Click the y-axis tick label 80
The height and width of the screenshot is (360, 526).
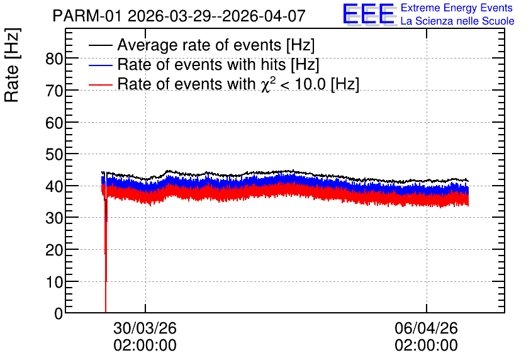54,59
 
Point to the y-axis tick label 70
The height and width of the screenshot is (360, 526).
54,91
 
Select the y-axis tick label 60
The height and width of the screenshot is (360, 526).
54,123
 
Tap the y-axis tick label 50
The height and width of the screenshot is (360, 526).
54,155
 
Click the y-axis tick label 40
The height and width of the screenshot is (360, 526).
54,187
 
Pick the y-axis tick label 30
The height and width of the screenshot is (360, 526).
54,219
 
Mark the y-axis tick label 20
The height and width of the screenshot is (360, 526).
54,250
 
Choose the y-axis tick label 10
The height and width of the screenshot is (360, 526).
54,283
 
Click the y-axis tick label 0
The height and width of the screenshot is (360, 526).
59,313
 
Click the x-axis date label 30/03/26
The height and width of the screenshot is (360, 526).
145,328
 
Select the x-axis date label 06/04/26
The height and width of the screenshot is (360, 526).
426,328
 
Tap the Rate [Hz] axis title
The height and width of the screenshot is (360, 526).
12,65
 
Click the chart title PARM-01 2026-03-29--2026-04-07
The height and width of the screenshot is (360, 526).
179,16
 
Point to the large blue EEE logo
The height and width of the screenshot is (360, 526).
369,14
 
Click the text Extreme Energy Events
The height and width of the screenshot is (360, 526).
457,8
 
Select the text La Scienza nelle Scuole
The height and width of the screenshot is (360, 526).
457,21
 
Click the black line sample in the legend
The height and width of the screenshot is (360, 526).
100,45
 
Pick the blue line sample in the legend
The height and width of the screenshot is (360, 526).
100,65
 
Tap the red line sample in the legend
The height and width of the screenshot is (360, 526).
100,84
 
